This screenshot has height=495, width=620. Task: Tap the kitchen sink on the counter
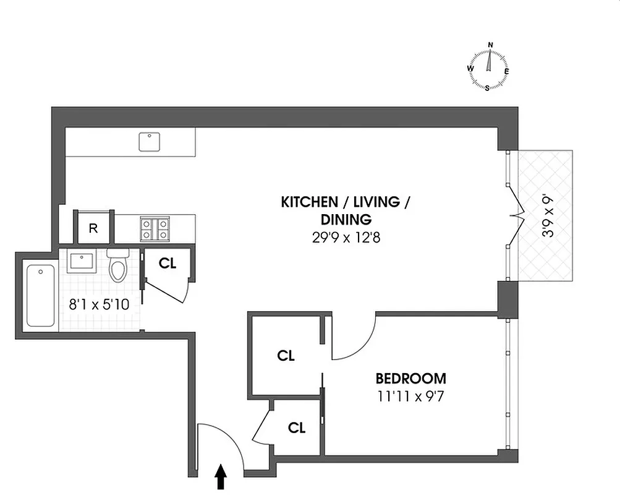pos(148,142)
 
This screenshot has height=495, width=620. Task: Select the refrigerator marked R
pos(93,228)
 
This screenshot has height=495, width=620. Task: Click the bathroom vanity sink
pos(82,261)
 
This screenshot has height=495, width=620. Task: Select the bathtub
pos(41,296)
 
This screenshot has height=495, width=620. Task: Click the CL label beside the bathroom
pos(168,263)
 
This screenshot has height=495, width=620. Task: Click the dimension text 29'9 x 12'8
pos(346,236)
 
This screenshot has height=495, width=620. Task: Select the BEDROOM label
pos(410,379)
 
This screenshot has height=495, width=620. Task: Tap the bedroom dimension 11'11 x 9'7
pos(410,395)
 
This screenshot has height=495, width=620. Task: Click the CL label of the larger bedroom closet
pos(286,356)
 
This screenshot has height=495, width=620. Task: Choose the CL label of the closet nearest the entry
pos(297,428)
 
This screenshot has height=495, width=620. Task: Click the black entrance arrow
pos(221,477)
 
